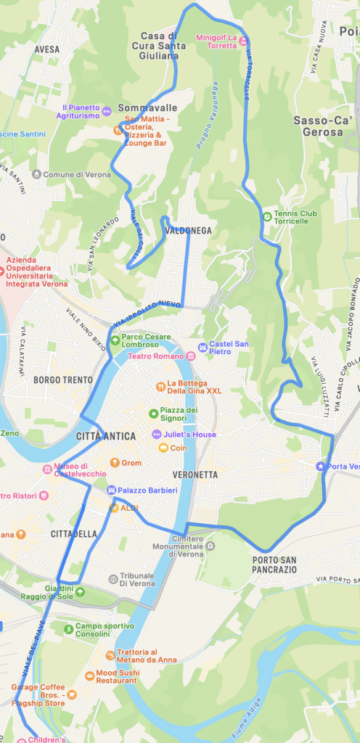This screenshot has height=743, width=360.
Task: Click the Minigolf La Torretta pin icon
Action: [244, 41]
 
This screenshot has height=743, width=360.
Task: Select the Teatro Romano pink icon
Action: [191, 356]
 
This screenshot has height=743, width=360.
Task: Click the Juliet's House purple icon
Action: [156, 435]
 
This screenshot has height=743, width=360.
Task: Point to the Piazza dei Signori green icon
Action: [153, 414]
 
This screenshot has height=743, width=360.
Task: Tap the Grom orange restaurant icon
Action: [114, 462]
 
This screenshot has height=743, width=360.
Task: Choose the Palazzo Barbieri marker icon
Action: [112, 490]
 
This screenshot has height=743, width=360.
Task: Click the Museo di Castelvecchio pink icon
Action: [47, 469]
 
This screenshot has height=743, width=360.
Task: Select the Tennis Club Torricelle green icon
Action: [267, 215]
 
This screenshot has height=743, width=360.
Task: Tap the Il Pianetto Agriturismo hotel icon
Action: [107, 111]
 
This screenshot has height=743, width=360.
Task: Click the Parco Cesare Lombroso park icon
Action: [114, 340]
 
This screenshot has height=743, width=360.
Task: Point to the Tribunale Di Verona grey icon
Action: [112, 579]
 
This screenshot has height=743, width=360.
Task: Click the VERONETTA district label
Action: [195, 475]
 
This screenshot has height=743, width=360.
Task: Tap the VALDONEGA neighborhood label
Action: [188, 231]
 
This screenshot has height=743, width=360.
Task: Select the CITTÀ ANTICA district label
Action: [106, 436]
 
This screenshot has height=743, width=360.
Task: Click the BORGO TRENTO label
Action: [62, 379]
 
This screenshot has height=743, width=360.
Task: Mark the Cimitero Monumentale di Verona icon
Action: [210, 545]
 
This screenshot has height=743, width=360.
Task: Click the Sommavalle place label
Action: [148, 107]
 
